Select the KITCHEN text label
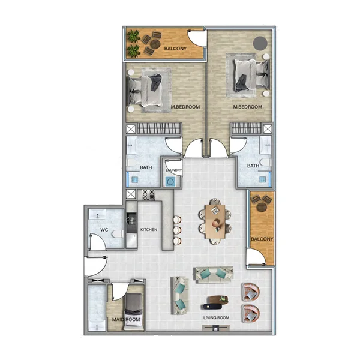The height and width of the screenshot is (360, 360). point(149,229)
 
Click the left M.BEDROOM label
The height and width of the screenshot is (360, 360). point(185,107)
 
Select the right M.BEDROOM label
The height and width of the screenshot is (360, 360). point(248,107)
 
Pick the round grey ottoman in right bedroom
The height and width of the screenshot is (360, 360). point(260,43)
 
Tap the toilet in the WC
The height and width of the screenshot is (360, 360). point(117,233)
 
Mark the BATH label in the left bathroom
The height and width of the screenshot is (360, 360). point(146,167)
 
